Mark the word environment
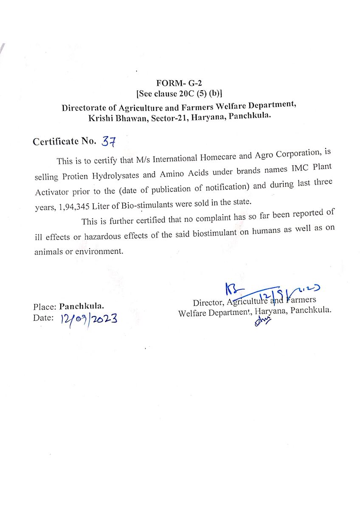(99, 251)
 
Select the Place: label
(45, 306)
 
